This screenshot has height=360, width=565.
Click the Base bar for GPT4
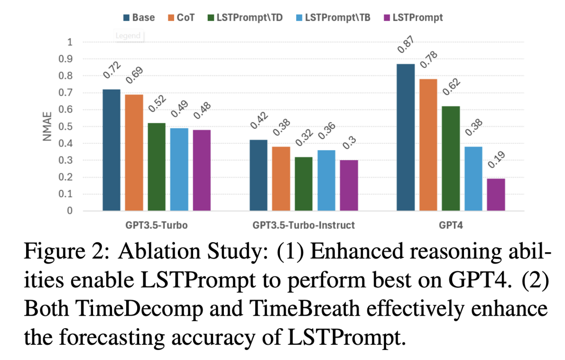[405, 138]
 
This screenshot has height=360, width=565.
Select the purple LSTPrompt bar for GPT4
[495, 195]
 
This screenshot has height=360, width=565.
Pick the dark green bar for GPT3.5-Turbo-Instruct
[303, 184]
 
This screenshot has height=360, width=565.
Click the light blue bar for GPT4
[473, 178]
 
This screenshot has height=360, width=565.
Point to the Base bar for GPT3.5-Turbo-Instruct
[258, 175]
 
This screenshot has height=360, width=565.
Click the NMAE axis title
[48, 127]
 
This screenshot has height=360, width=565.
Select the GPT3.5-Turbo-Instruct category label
[303, 226]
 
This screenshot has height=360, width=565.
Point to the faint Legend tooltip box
[129, 36]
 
